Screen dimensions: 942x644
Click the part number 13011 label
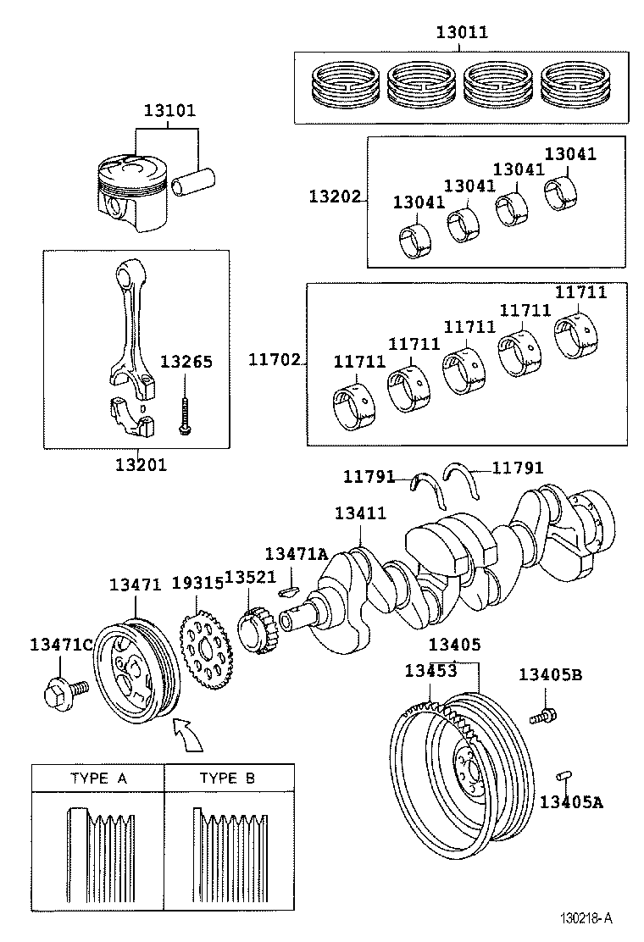coord(462,33)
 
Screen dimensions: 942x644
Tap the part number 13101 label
coord(169,110)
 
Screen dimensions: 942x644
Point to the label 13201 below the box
coord(141,464)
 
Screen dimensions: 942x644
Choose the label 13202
coord(334,196)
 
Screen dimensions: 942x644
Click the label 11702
coord(274,360)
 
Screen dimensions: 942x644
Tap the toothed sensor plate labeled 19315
coord(206,651)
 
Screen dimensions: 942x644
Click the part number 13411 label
coord(359,513)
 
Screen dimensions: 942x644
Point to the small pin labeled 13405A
coord(563,776)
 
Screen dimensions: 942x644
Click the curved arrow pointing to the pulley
coord(187,734)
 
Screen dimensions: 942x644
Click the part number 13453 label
coord(430,671)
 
